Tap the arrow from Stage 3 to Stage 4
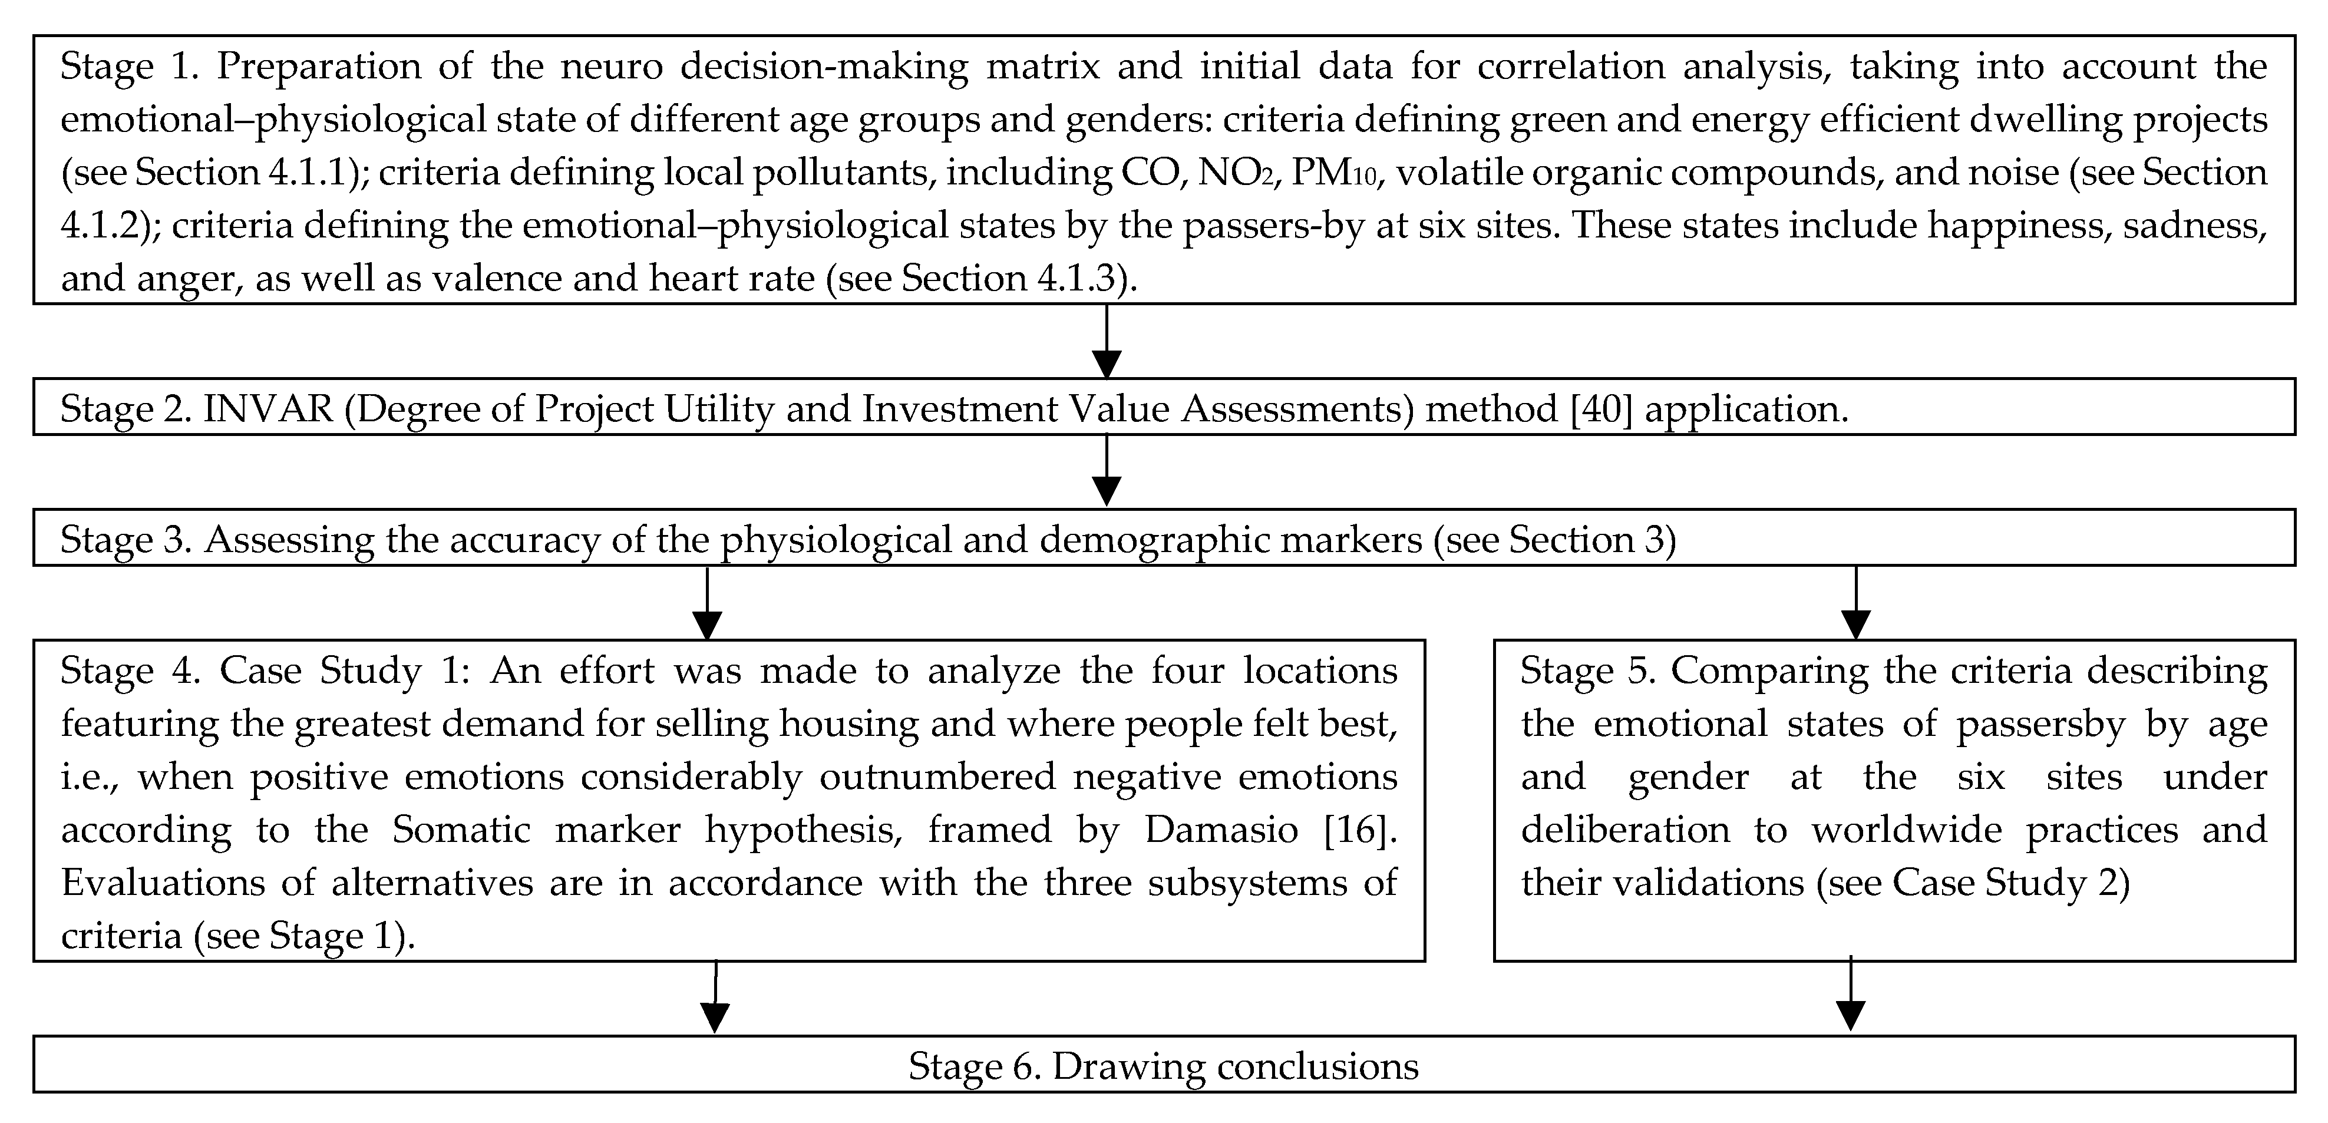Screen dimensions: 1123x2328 [x=706, y=603]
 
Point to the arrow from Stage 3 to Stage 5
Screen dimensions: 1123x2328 [x=1855, y=603]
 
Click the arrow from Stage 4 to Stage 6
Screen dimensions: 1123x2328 [x=715, y=998]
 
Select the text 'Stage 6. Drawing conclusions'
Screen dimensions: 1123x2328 [x=1163, y=1066]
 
